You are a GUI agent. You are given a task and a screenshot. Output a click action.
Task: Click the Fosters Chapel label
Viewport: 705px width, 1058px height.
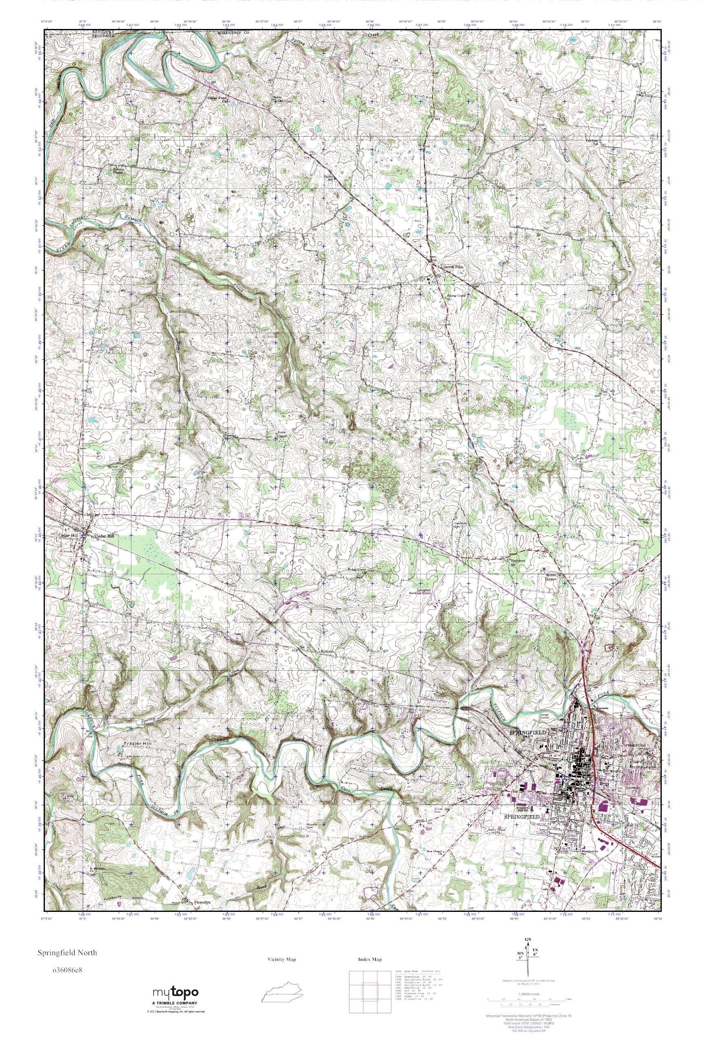(118, 171)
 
